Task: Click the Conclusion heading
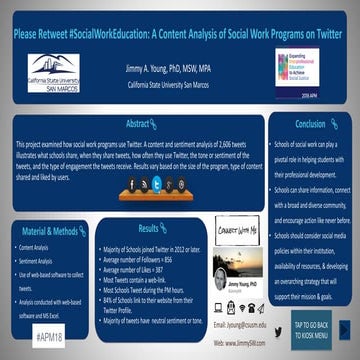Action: tap(310, 123)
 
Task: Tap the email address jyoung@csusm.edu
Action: tap(240, 325)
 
